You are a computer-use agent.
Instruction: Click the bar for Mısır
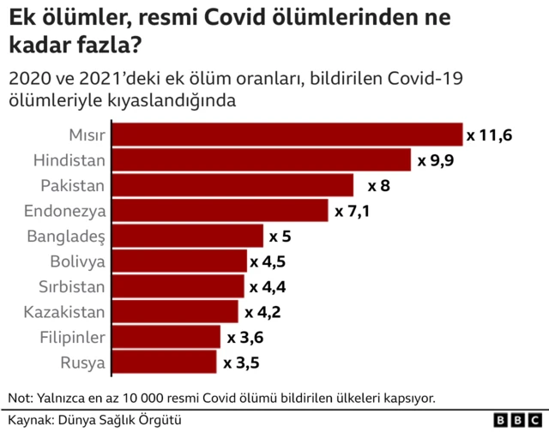click(x=287, y=135)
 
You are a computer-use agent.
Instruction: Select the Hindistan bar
click(x=262, y=160)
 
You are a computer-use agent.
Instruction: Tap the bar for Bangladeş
click(x=188, y=236)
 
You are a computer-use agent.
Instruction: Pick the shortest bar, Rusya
click(x=165, y=363)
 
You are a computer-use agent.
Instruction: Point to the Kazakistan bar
click(x=176, y=312)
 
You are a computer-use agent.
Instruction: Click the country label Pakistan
click(x=73, y=186)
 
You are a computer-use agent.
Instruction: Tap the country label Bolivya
click(x=77, y=261)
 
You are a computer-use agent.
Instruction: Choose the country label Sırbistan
click(x=72, y=286)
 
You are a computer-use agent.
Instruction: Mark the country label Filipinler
click(x=73, y=337)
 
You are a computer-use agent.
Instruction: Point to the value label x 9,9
click(x=435, y=160)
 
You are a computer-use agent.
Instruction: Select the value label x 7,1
click(x=352, y=211)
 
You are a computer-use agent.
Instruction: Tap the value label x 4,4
click(x=267, y=286)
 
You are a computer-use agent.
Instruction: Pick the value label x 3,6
click(x=244, y=337)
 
